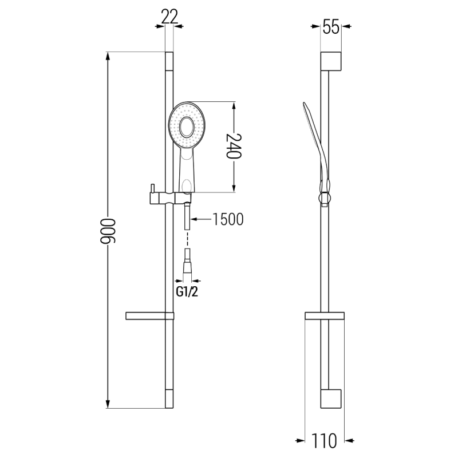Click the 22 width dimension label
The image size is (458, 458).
[x=169, y=17]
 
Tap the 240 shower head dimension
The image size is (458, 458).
[x=232, y=147]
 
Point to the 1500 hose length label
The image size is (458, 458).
[x=227, y=219]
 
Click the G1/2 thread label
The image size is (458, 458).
[x=187, y=292]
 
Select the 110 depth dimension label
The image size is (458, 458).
[x=324, y=440]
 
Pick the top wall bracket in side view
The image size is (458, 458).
[x=331, y=61]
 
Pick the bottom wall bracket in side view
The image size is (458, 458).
[x=332, y=398]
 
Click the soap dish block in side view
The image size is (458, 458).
[x=325, y=315]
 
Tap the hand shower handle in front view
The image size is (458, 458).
[x=187, y=169]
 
